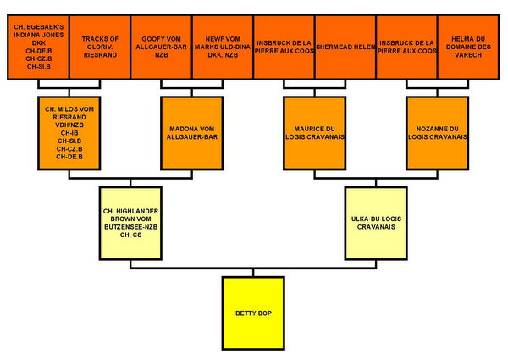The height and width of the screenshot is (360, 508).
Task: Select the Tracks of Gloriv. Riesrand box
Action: (99, 47)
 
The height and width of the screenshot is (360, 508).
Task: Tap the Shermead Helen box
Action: (345, 47)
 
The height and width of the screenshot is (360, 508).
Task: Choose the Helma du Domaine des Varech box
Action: (467, 47)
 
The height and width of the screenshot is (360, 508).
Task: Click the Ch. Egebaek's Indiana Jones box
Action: (37, 47)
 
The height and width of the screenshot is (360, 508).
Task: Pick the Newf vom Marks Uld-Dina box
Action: (222, 47)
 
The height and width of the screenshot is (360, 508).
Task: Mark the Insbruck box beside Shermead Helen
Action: (284, 47)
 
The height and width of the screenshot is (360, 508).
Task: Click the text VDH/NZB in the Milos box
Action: (69, 125)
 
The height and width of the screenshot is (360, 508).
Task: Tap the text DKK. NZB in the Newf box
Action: (222, 54)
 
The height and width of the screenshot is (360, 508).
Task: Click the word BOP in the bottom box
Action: (265, 313)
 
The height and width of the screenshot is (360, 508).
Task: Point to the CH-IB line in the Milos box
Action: (69, 132)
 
